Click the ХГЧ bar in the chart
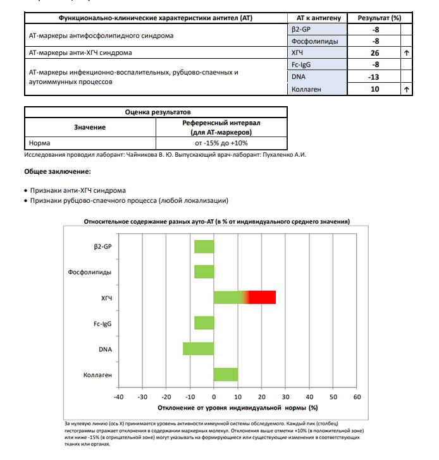click(244, 297)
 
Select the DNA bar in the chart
click(199, 349)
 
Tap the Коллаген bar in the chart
click(226, 375)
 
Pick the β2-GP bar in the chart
click(204, 246)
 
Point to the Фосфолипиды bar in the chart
click(204, 272)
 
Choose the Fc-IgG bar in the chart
click(204, 323)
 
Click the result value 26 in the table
click(374, 53)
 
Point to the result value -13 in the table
click(374, 77)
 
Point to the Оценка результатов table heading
click(155, 111)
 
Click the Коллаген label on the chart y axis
click(97, 375)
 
